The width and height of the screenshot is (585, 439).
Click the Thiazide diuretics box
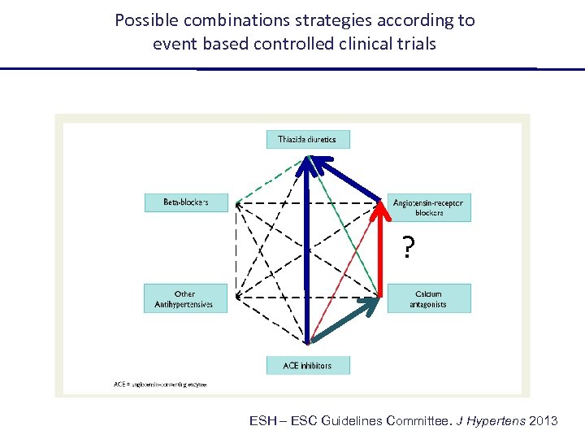point(308,139)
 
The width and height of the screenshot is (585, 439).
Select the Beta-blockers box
point(186,202)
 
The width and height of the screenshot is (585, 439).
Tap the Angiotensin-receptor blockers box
point(429,207)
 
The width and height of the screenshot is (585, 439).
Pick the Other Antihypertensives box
point(184,298)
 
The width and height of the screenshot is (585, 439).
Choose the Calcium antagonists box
point(429,298)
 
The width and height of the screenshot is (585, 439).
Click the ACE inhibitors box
point(308,365)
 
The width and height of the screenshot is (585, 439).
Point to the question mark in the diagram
point(409,247)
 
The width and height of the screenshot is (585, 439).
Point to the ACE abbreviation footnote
point(160,384)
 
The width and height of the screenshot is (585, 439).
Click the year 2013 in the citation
point(544,420)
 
